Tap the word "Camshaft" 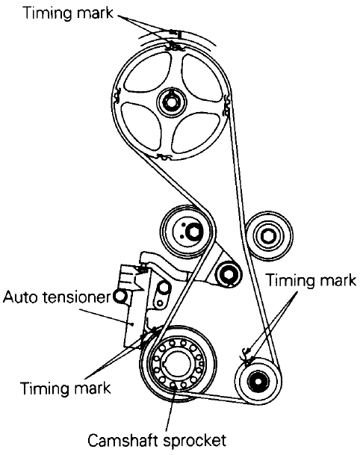[x=123, y=441]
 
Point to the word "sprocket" [x=195, y=441]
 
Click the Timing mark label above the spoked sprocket [x=68, y=13]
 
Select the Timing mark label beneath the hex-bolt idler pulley [x=311, y=281]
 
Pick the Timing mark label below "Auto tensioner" [x=66, y=388]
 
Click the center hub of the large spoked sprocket [x=170, y=102]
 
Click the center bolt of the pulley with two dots [x=193, y=232]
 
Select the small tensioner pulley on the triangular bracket [x=229, y=274]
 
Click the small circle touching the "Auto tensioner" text [x=120, y=297]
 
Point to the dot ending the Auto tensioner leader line [x=132, y=324]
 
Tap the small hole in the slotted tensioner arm [x=159, y=303]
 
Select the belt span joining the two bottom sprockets [x=213, y=397]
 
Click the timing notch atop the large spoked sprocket [x=173, y=46]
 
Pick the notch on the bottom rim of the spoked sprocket [x=164, y=158]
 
